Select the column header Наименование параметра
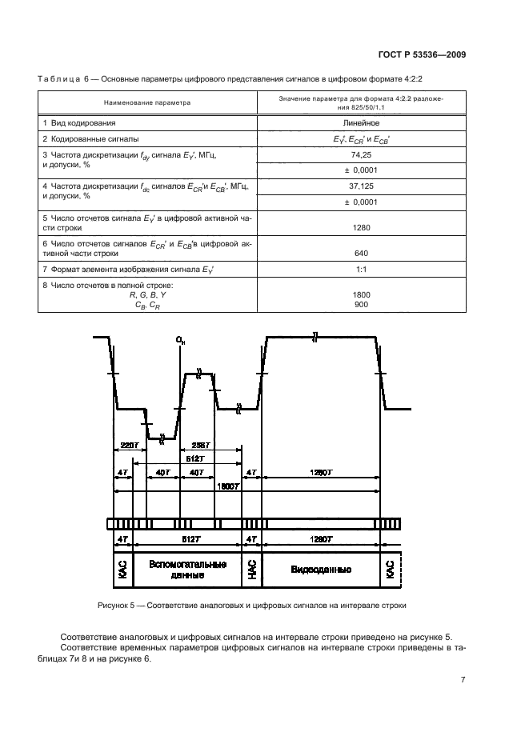[147, 102]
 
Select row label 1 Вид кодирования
[79, 123]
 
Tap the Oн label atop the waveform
[180, 342]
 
